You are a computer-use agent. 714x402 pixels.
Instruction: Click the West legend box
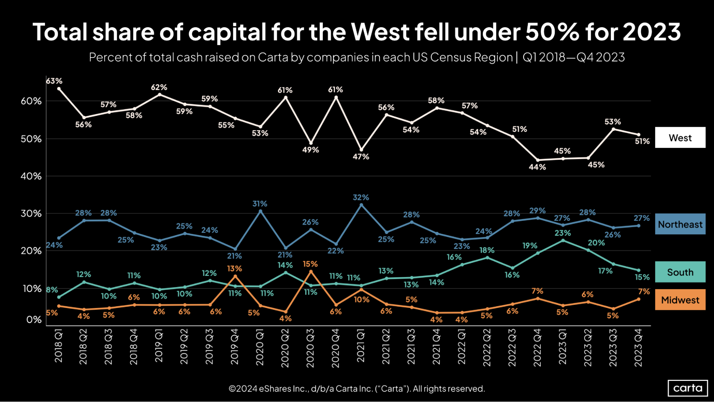pyautogui.click(x=680, y=138)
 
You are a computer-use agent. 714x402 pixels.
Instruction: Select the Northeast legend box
pyautogui.click(x=680, y=224)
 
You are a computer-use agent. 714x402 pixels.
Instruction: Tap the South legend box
pyautogui.click(x=680, y=272)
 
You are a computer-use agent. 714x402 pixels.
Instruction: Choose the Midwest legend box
pyautogui.click(x=680, y=300)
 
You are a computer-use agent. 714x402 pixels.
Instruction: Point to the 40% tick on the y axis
pyautogui.click(x=31, y=176)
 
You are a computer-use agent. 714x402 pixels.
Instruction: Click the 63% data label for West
pyautogui.click(x=54, y=81)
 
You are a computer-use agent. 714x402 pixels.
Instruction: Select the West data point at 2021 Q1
pyautogui.click(x=361, y=150)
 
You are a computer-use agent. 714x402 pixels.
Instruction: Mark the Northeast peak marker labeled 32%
pyautogui.click(x=361, y=205)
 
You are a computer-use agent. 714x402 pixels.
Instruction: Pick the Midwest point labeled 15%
pyautogui.click(x=311, y=272)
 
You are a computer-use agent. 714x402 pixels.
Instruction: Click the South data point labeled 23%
pyautogui.click(x=563, y=240)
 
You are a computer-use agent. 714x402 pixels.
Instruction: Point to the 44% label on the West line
pyautogui.click(x=537, y=167)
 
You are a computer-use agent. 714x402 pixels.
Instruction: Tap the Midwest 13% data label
pyautogui.click(x=234, y=268)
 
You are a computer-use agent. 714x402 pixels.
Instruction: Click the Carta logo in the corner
pyautogui.click(x=688, y=388)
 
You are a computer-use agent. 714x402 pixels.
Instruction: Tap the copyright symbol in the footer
pyautogui.click(x=232, y=389)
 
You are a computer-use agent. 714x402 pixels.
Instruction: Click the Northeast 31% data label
pyautogui.click(x=260, y=204)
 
